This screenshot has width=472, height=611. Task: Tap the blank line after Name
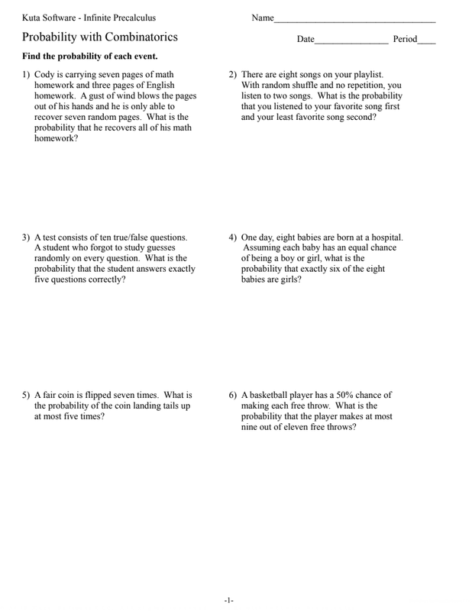pos(355,20)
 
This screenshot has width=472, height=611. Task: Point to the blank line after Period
pos(426,40)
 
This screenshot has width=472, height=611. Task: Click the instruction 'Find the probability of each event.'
pos(90,57)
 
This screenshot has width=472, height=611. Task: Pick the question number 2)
pos(233,75)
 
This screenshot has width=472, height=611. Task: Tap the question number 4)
pos(233,238)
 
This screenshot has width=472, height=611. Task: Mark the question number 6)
pos(233,396)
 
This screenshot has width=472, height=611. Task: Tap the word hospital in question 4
pos(384,238)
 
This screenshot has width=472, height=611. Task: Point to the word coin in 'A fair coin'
pos(74,396)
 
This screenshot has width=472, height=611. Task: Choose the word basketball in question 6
pos(271,396)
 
